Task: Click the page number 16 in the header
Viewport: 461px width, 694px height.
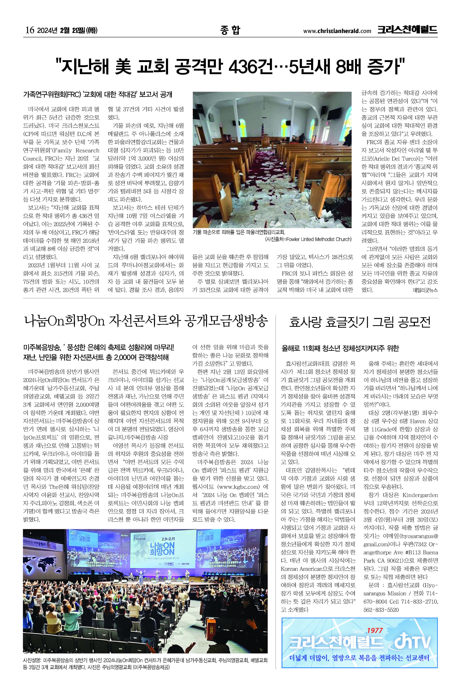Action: tap(30, 30)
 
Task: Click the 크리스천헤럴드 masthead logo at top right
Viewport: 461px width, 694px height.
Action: tap(407, 30)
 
